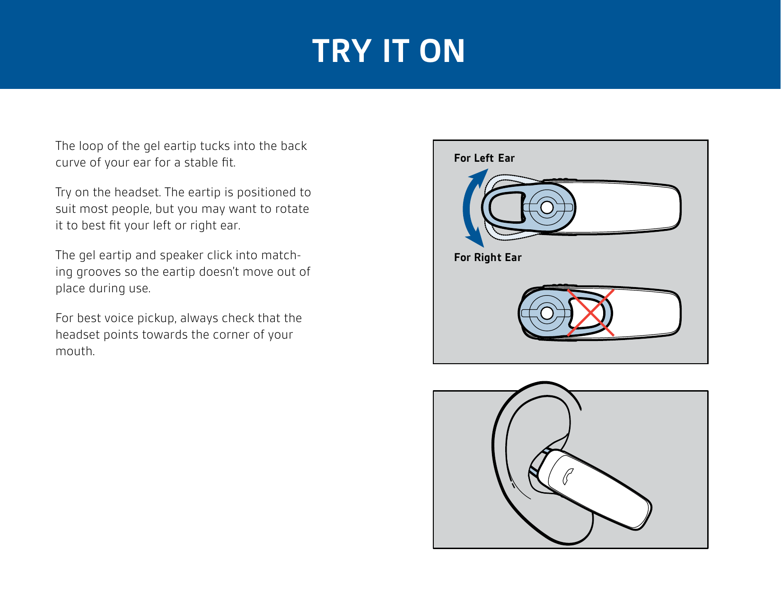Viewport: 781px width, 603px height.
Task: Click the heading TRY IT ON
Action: click(x=389, y=51)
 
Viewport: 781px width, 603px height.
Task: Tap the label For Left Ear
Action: click(x=484, y=158)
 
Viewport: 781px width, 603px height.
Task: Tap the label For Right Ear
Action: click(x=487, y=258)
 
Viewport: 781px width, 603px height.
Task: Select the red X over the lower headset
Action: click(x=590, y=313)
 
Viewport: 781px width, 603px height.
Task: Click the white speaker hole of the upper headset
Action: click(x=546, y=207)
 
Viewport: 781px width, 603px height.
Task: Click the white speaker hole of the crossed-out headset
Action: click(x=546, y=313)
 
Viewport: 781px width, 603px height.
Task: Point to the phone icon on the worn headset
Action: click(x=568, y=477)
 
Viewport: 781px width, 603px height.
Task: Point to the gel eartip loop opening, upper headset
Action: click(x=505, y=208)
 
